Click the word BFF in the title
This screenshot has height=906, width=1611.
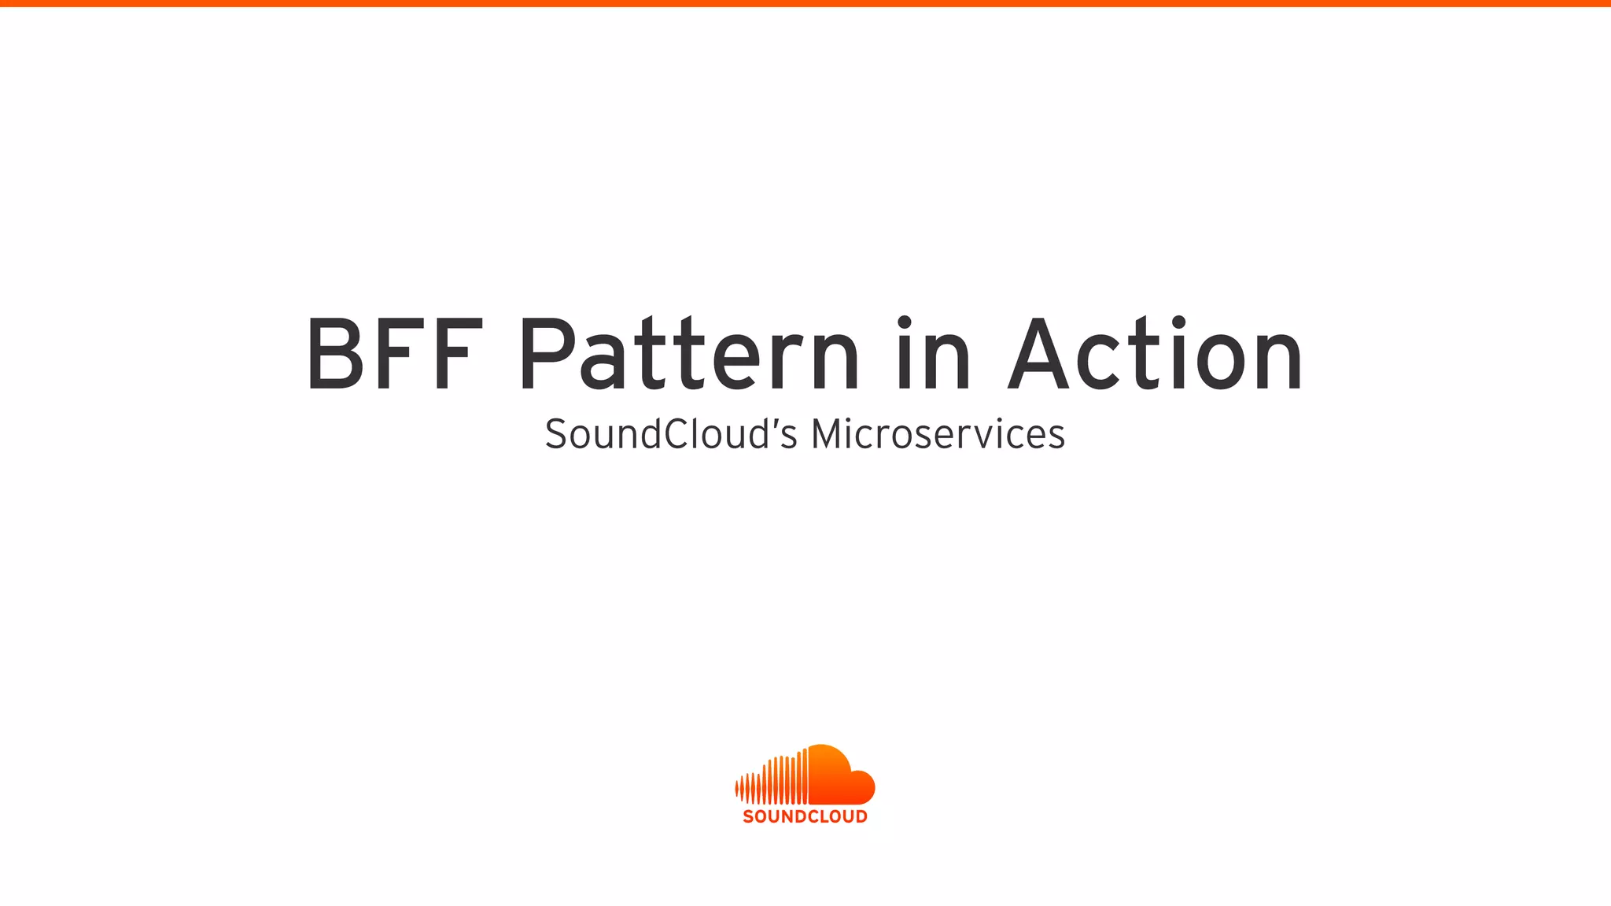(393, 354)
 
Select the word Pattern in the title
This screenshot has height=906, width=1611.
(689, 354)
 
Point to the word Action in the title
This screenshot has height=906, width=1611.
(1156, 354)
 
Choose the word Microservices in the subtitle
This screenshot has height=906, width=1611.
(938, 434)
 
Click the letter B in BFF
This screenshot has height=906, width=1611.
(335, 354)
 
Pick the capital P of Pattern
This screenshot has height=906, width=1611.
(547, 354)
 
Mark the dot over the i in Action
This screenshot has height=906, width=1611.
(1178, 322)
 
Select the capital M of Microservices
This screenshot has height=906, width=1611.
(829, 434)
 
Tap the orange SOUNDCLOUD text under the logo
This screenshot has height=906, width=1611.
(805, 816)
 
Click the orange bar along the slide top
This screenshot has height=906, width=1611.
(805, 3)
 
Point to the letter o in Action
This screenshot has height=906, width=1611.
(1225, 362)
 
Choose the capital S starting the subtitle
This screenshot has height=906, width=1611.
(556, 434)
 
